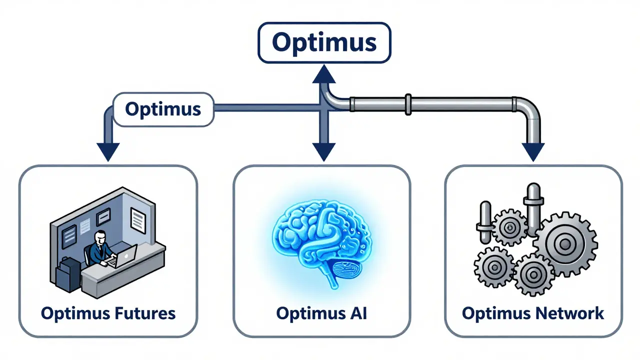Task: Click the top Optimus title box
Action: [324, 42]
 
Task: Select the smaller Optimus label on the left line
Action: [163, 108]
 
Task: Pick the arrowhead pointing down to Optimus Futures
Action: [107, 151]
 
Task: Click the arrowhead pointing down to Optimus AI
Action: [323, 151]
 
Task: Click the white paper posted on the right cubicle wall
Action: [137, 217]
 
